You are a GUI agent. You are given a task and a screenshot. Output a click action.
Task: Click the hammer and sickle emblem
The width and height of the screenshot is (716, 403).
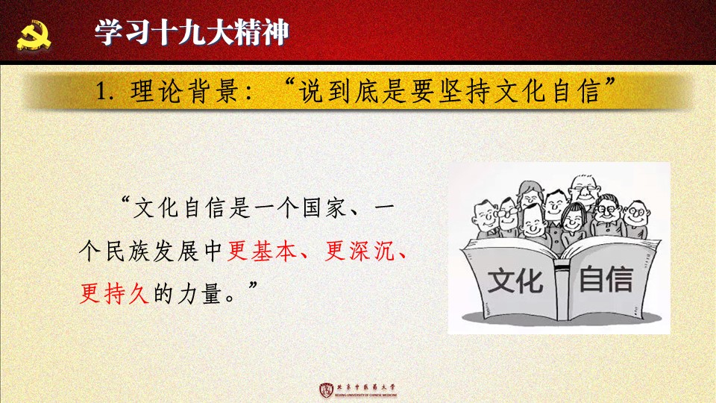34,35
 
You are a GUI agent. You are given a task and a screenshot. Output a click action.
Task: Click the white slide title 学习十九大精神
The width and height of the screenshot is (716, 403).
192,32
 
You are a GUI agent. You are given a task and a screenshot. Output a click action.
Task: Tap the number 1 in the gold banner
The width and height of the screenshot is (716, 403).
101,91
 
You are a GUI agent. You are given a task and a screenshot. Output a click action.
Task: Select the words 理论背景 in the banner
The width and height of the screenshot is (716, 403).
184,91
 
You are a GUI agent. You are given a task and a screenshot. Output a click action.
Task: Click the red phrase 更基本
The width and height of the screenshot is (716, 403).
262,251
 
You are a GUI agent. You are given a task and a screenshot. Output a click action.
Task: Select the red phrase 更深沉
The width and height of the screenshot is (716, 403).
359,251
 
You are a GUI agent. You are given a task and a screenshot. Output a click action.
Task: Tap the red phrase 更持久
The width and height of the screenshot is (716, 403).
114,293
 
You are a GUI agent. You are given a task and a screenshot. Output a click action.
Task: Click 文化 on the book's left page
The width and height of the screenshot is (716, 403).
515,281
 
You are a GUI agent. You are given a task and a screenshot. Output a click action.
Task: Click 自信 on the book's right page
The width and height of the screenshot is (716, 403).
606,278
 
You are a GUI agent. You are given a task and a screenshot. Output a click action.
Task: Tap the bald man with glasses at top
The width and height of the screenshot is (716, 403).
584,189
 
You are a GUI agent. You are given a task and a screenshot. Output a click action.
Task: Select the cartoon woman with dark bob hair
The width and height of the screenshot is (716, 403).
573,219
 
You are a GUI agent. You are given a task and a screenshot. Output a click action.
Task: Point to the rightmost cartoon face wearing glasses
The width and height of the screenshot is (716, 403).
636,213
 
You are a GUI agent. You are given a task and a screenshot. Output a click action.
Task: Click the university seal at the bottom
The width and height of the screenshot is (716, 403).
326,390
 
